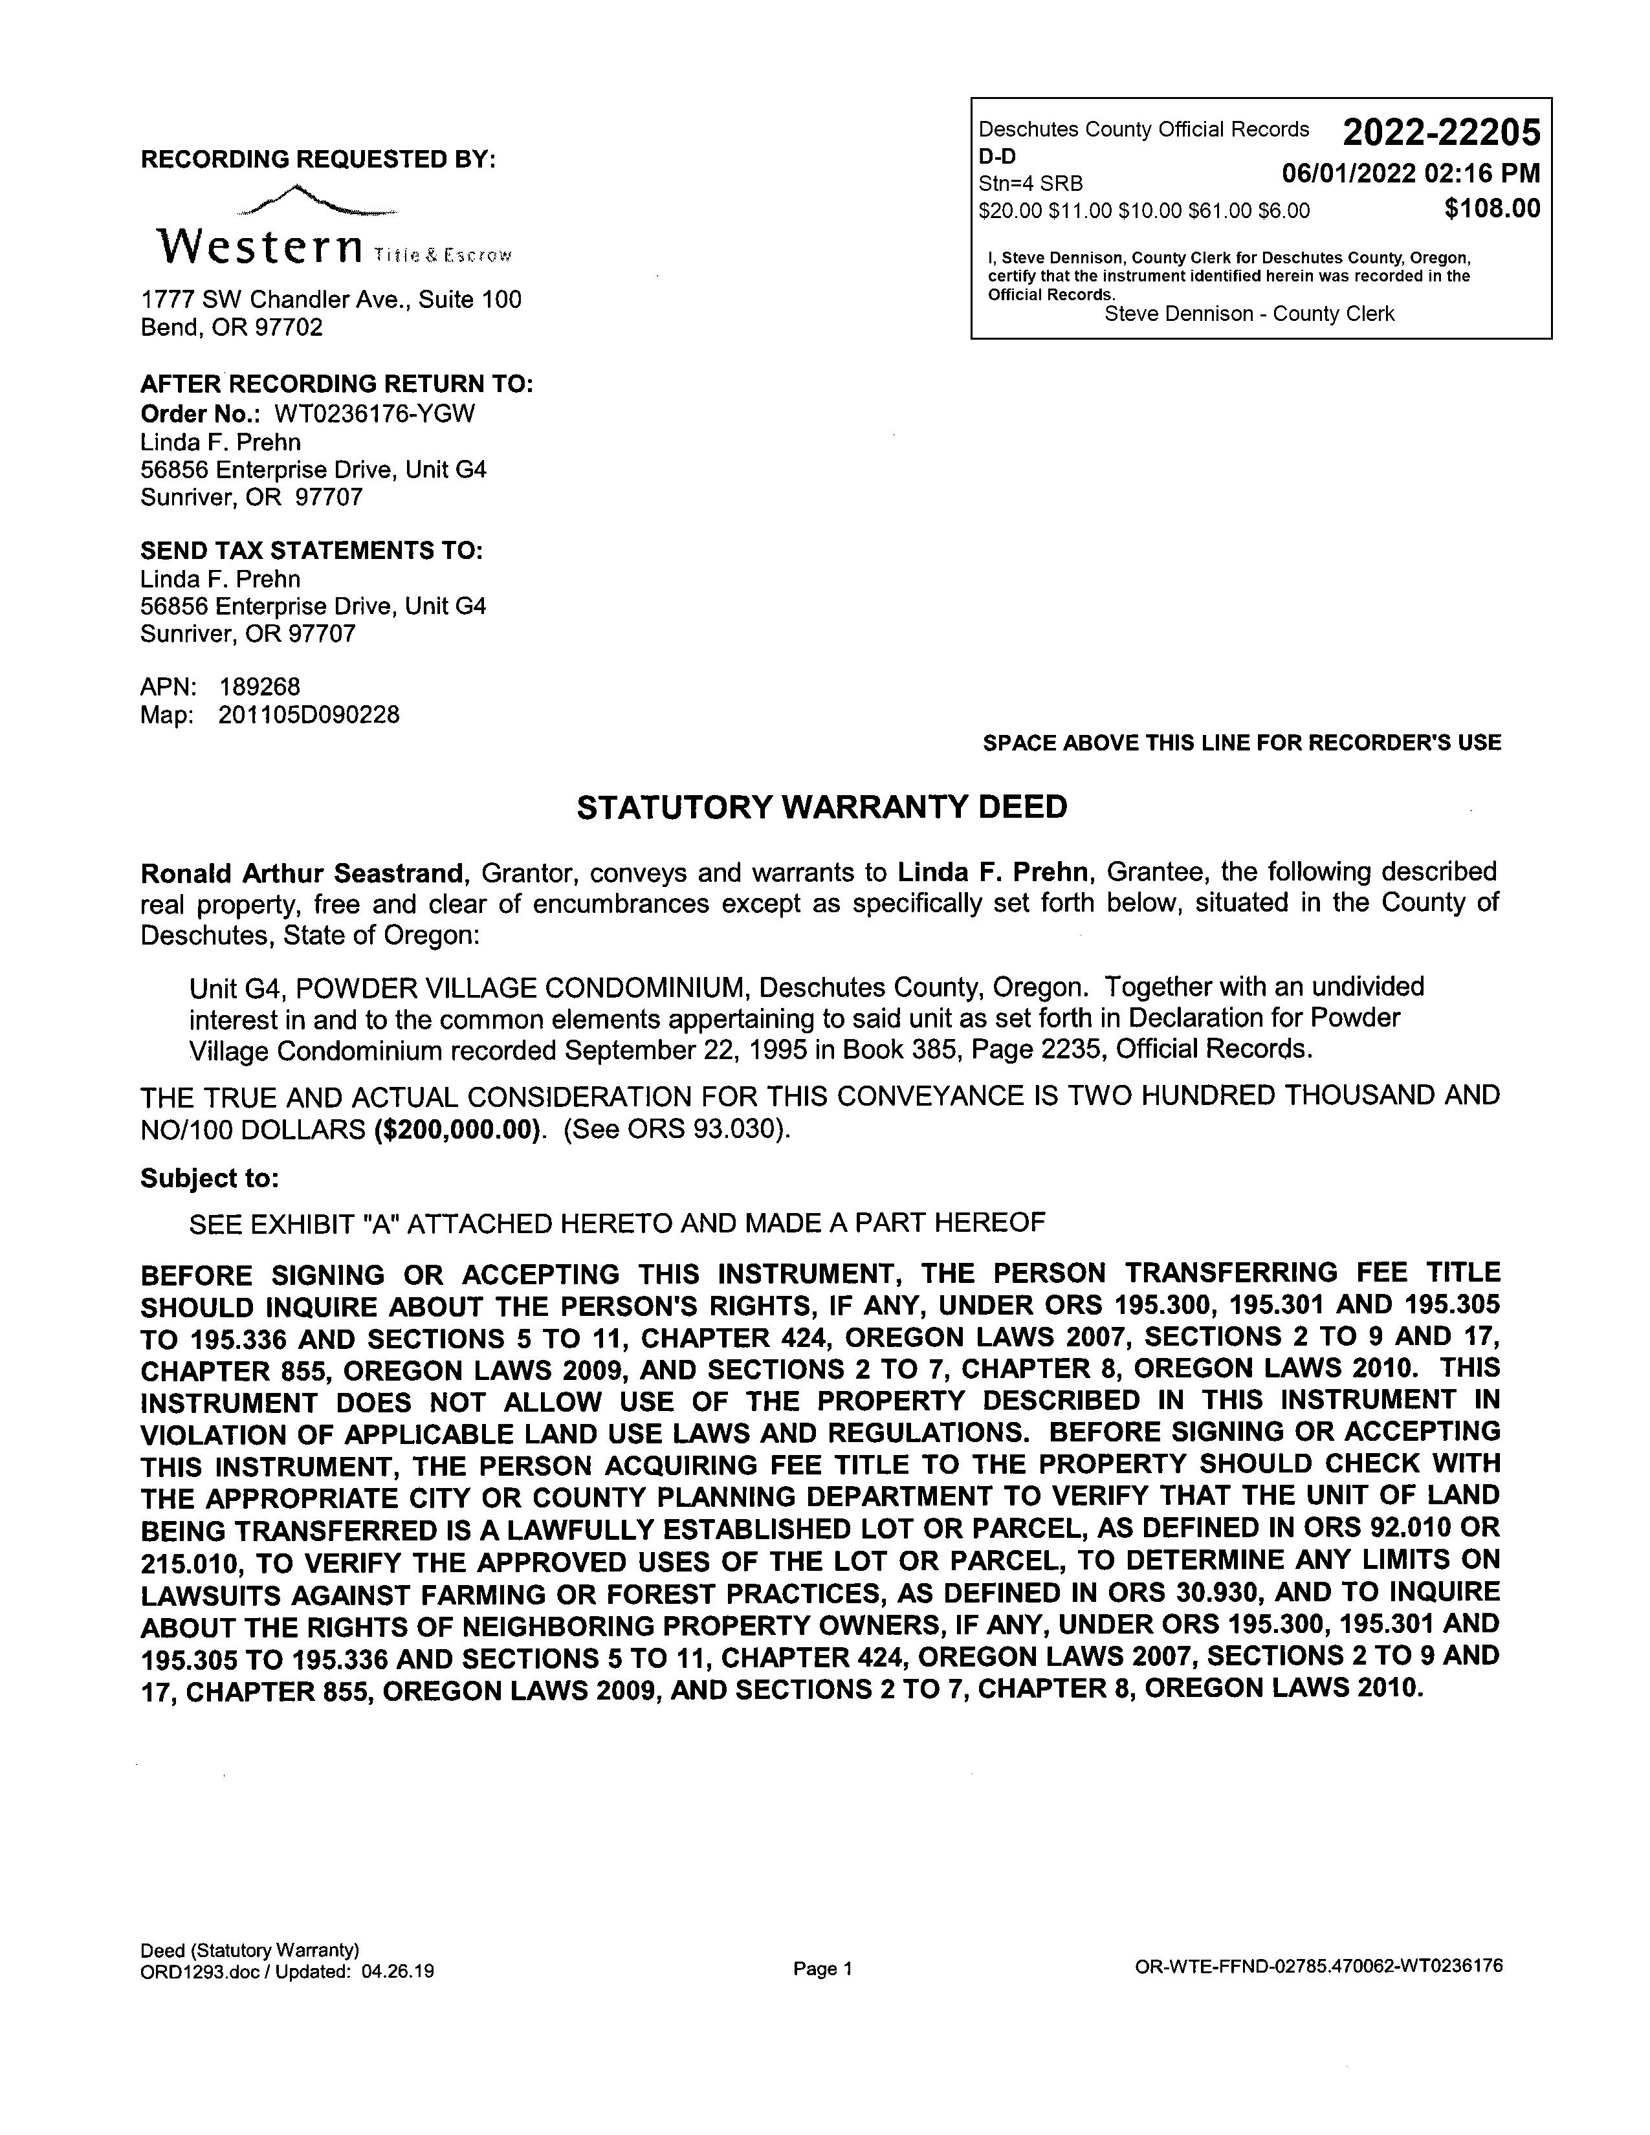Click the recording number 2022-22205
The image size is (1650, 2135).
1441,132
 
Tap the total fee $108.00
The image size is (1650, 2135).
1491,208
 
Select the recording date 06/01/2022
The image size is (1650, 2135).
1349,174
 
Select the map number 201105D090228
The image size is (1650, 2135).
309,715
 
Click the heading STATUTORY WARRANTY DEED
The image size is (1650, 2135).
822,807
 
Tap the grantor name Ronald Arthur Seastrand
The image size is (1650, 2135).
301,872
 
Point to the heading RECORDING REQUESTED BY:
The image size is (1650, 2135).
318,159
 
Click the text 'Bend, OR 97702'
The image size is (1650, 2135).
232,327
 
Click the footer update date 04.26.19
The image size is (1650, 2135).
397,1972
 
